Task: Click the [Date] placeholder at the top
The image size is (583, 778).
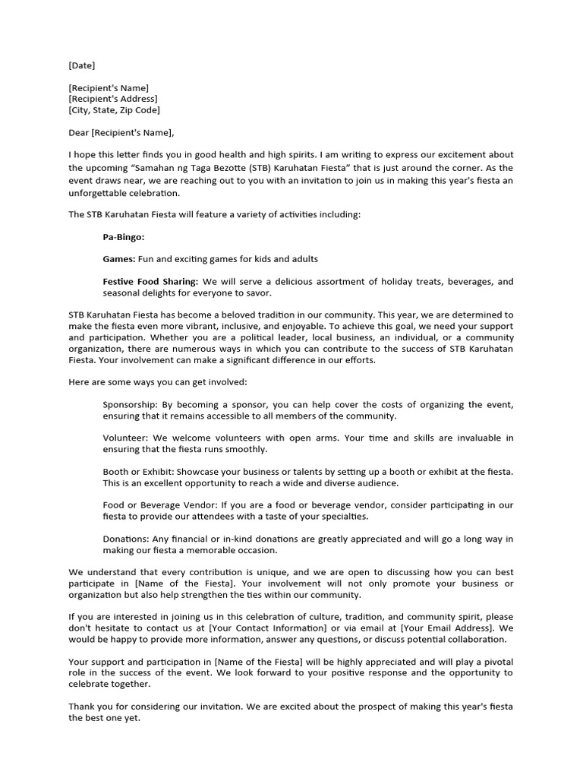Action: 82,65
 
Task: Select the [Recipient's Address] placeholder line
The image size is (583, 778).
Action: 113,99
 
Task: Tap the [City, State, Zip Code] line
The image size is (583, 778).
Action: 114,110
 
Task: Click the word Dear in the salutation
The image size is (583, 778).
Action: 79,133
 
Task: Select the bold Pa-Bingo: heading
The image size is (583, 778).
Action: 124,236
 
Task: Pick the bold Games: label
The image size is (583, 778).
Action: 119,259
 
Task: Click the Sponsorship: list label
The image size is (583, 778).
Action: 132,404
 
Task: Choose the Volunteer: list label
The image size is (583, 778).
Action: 126,438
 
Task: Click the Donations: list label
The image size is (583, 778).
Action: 126,539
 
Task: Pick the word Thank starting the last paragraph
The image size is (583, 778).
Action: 82,707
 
